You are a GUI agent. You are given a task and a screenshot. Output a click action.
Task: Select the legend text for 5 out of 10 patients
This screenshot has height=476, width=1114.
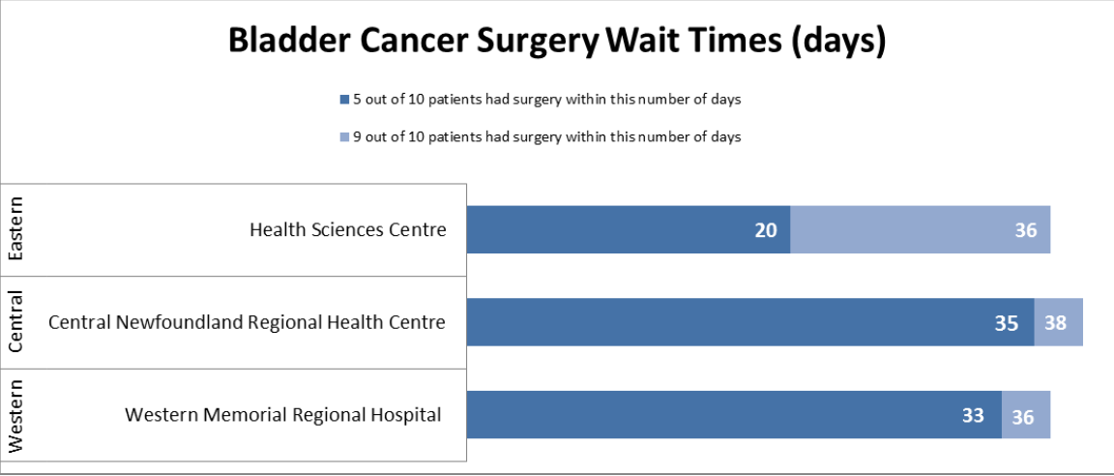pyautogui.click(x=545, y=99)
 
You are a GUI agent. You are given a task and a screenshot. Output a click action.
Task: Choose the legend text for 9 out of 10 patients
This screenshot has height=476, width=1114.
pyautogui.click(x=545, y=136)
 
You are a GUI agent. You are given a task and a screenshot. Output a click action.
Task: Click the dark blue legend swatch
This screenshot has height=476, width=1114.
pyautogui.click(x=343, y=99)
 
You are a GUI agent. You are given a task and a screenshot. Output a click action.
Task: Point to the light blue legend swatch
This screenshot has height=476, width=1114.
pyautogui.click(x=343, y=137)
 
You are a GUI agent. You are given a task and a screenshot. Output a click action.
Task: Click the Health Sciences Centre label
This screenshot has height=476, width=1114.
pyautogui.click(x=348, y=229)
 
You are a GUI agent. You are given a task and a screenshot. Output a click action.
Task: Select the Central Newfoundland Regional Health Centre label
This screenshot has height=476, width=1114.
pyautogui.click(x=247, y=322)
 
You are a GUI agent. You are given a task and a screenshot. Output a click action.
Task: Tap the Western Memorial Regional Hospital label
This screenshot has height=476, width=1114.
pyautogui.click(x=283, y=414)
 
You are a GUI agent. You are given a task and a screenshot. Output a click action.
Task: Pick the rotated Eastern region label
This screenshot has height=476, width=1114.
pyautogui.click(x=15, y=229)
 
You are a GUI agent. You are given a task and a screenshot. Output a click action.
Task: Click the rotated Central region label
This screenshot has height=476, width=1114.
pyautogui.click(x=15, y=322)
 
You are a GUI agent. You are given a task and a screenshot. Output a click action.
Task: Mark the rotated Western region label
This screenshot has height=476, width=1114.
pyautogui.click(x=15, y=416)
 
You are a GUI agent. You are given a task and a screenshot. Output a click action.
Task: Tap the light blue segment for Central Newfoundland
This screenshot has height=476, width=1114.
pyautogui.click(x=1058, y=322)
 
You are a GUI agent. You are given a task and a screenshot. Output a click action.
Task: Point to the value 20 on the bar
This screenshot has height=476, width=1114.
pyautogui.click(x=767, y=230)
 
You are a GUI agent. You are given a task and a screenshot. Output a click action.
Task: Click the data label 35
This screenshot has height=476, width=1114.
pyautogui.click(x=1007, y=323)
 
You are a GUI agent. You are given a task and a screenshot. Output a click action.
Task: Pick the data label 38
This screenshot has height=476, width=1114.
pyautogui.click(x=1055, y=323)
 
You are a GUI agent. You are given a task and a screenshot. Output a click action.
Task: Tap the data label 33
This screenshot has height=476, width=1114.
pyautogui.click(x=973, y=415)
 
